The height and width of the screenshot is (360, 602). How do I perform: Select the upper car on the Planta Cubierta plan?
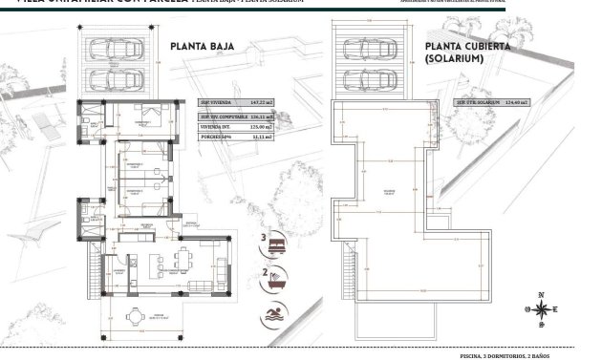coord(369,48)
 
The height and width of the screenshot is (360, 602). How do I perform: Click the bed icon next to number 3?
coord(278,245)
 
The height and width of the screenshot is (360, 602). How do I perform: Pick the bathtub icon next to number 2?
coord(278,281)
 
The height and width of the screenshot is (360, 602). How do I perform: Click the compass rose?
coord(541,308)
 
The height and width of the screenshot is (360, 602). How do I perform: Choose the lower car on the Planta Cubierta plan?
coord(369,78)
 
